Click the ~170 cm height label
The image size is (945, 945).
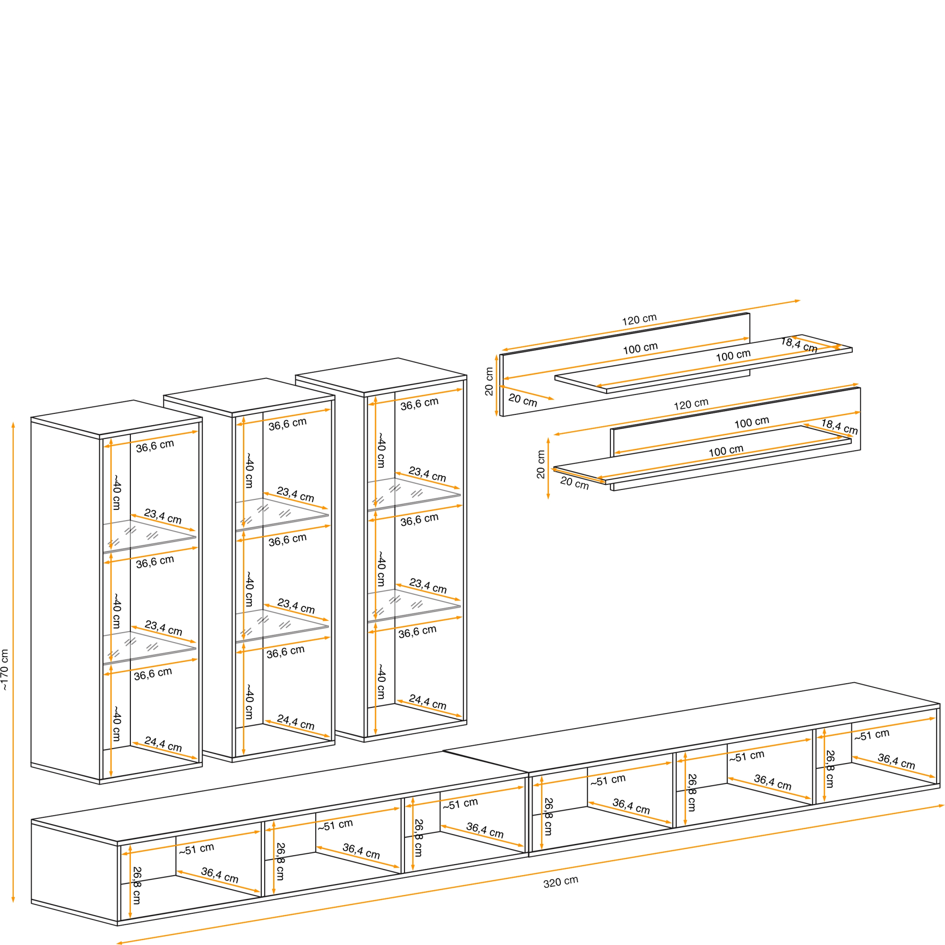coord(5,670)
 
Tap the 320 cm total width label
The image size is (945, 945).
coord(560,881)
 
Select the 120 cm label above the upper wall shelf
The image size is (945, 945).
coord(639,320)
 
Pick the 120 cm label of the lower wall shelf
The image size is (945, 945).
coord(691,404)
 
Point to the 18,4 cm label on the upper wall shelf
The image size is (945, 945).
coord(799,345)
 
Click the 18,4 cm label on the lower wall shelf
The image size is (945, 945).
coord(839,427)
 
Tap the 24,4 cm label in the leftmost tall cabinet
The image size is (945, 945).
coord(163,745)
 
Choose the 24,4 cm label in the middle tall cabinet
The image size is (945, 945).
coord(296,722)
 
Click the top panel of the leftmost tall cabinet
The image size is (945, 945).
coord(116,417)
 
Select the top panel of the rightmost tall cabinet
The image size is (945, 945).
coord(381,375)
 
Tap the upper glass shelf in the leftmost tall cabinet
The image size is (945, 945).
coord(149,537)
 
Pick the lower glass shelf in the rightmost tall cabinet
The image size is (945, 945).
coord(414,605)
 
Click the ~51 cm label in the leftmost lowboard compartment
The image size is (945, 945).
coord(196,849)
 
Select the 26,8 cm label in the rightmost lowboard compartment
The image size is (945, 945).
coord(830,769)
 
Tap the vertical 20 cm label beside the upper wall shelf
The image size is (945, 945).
coord(489,381)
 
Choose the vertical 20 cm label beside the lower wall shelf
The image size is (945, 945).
coord(541,464)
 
